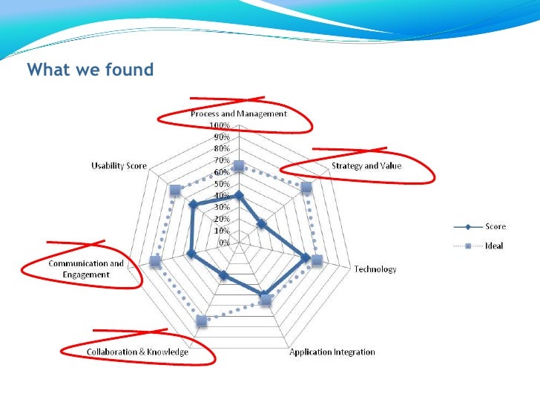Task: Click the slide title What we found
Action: point(90,70)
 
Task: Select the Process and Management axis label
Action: point(238,113)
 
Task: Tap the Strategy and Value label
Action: point(366,166)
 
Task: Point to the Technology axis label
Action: point(375,269)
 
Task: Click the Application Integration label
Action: point(332,352)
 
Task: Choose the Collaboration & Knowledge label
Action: point(139,352)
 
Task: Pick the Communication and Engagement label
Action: point(86,269)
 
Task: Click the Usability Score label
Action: point(119,165)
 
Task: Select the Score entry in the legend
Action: point(495,225)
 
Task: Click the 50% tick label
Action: point(221,184)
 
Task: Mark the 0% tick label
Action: point(223,243)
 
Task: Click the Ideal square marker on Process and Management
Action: point(238,165)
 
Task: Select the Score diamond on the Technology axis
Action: point(305,258)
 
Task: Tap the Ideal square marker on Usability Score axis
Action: point(175,191)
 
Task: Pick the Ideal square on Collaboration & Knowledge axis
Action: point(201,320)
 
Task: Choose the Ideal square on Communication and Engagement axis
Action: point(155,261)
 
